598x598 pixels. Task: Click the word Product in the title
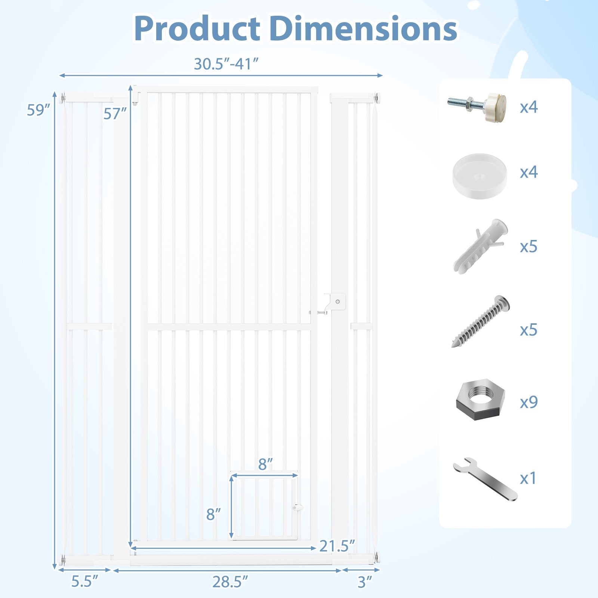coord(197,29)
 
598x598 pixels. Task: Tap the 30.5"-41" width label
coord(226,64)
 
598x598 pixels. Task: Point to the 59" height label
coord(38,110)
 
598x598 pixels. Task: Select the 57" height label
coord(115,114)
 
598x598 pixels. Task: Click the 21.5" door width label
coord(337,546)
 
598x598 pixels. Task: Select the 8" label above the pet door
coord(265,464)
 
